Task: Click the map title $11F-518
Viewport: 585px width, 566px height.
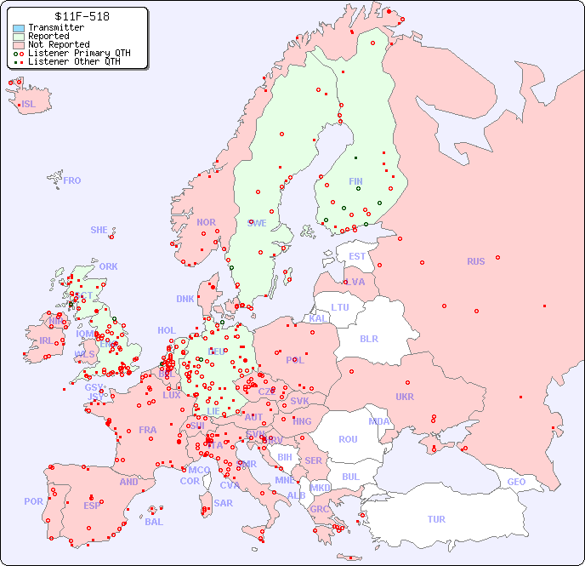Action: click(x=81, y=16)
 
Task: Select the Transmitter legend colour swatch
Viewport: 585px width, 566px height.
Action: click(x=19, y=28)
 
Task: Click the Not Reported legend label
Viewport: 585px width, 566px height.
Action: click(x=59, y=44)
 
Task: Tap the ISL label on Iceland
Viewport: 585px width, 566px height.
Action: click(x=29, y=105)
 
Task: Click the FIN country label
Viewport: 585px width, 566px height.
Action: click(x=355, y=181)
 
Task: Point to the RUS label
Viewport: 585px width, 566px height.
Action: click(x=475, y=261)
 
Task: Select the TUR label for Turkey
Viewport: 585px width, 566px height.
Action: click(x=436, y=519)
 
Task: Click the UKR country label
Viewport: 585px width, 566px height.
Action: click(x=405, y=397)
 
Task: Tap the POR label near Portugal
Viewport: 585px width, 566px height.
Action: click(x=33, y=501)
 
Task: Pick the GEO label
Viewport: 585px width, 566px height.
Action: click(x=516, y=482)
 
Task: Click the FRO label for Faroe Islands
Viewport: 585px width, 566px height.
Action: click(x=72, y=180)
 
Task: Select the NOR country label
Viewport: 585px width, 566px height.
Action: click(x=206, y=222)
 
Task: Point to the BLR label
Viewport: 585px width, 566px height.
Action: click(x=368, y=338)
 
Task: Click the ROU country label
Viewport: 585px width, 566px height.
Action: click(x=348, y=439)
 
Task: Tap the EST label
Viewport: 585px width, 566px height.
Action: click(x=357, y=256)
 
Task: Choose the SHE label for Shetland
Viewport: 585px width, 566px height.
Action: click(x=99, y=230)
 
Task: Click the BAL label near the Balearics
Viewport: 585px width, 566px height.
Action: click(x=153, y=522)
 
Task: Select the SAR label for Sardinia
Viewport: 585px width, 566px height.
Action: click(x=223, y=503)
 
